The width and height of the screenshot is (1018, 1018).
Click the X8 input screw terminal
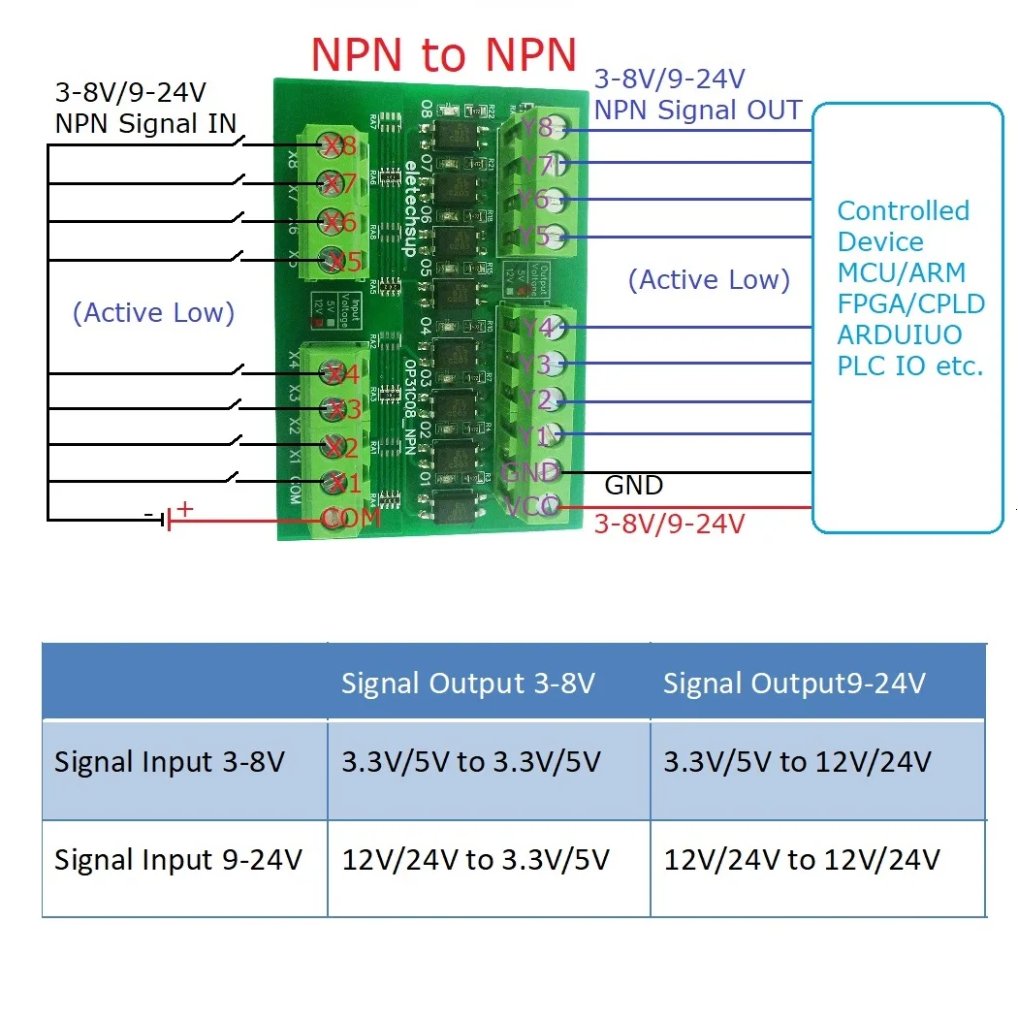[x=334, y=146]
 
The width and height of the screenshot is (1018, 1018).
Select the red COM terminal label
[x=350, y=519]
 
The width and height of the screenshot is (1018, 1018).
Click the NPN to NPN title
[x=443, y=55]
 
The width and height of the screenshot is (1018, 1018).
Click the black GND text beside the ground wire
[x=633, y=485]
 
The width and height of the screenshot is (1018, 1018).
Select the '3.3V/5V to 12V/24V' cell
[x=797, y=762]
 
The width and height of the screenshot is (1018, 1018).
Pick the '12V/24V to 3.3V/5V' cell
[x=475, y=860]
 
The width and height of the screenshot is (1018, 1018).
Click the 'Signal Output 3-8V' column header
[x=467, y=684]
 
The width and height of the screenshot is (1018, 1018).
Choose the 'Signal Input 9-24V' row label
[x=178, y=860]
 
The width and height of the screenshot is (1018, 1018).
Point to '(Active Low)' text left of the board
[x=154, y=313]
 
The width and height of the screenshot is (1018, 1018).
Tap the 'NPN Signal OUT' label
[x=697, y=110]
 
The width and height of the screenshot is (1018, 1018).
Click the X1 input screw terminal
[x=334, y=482]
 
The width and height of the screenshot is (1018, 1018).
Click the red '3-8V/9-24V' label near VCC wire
[x=668, y=525]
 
